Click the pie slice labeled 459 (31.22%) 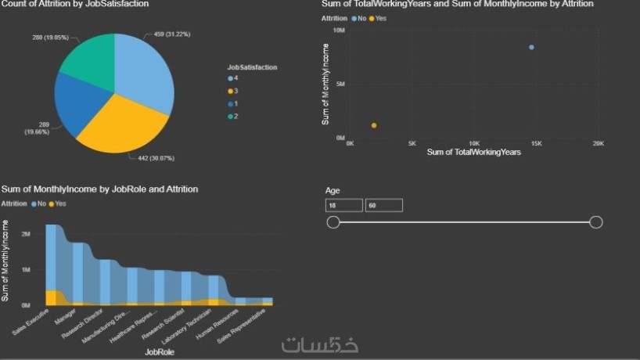145,67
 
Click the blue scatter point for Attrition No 531,47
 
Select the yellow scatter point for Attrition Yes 374,125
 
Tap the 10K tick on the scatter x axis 473,144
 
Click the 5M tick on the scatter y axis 340,84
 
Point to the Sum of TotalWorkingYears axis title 473,152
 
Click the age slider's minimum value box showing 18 344,205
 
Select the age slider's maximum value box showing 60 383,205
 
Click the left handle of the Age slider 333,222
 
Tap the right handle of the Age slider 595,222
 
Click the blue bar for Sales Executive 54,258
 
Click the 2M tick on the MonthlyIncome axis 26,234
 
